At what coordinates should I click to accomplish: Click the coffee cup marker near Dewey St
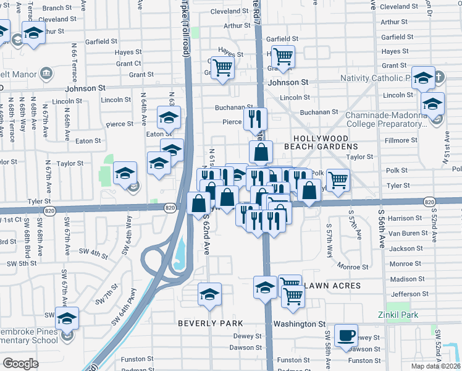coord(346,335)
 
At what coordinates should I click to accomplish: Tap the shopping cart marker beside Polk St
coord(337,180)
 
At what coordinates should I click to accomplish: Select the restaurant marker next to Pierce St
coord(255,117)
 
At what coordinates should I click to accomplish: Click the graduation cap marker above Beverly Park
coord(209,294)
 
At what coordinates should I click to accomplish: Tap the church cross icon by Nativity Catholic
coord(439,79)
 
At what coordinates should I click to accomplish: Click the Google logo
coord(20,364)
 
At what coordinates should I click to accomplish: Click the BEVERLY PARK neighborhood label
coord(210,323)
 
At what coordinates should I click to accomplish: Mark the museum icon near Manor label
coord(46,74)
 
